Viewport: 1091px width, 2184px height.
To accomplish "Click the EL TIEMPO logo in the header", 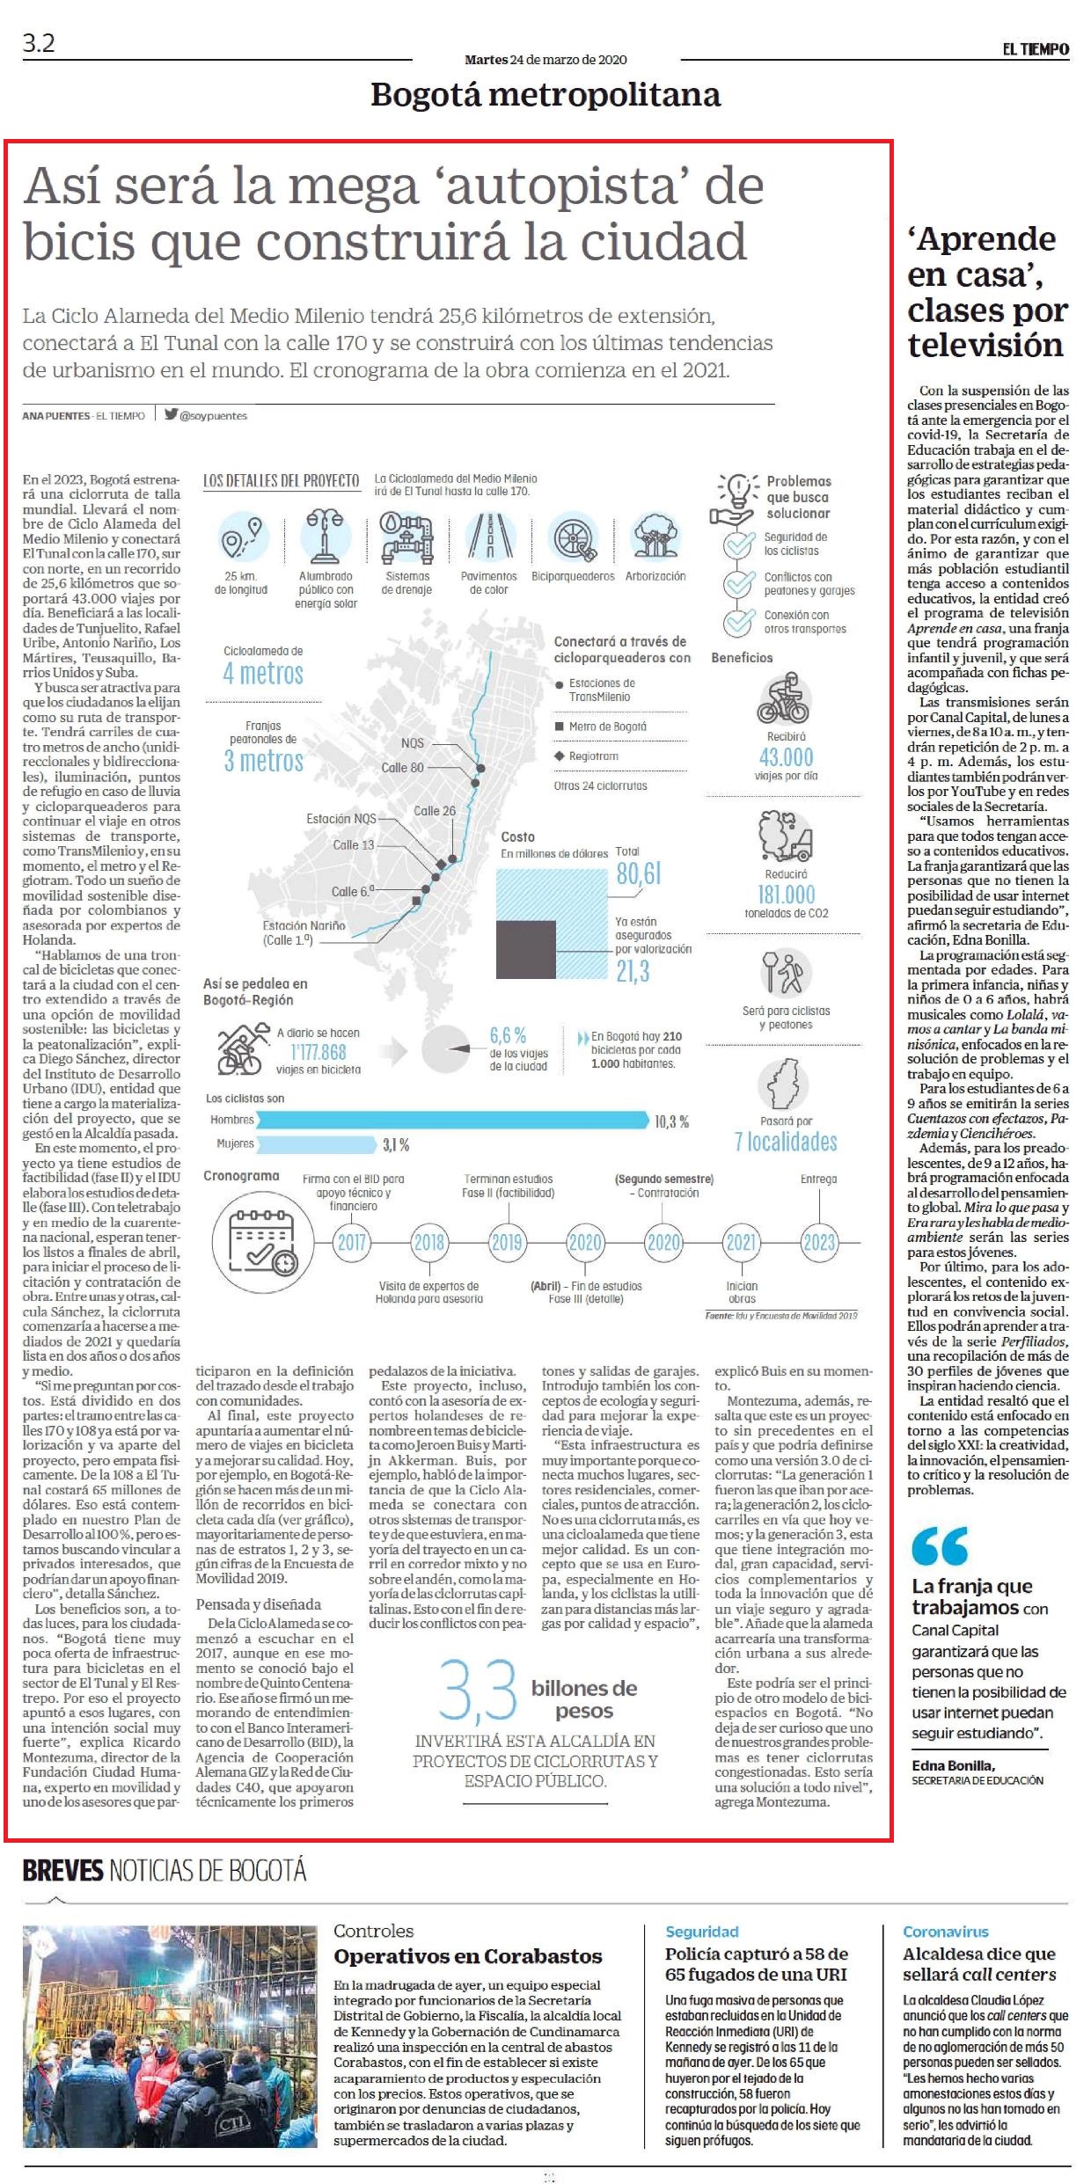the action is coord(1036,49).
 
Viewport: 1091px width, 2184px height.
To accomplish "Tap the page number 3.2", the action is coord(39,43).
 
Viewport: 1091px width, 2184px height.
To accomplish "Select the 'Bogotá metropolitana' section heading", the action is coord(545,95).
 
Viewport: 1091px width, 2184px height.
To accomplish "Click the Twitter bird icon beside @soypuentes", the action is coord(171,414).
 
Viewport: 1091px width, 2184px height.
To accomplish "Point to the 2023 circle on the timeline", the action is coord(818,1242).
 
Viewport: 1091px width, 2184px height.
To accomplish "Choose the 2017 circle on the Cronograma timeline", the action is coord(352,1242).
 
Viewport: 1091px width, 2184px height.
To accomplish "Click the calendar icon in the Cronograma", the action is coord(260,1240).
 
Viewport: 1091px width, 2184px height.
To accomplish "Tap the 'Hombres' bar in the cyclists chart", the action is coord(452,1120).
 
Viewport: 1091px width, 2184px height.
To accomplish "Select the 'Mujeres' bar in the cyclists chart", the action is coord(316,1144).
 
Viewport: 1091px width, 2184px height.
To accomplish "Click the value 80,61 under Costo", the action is coord(639,873).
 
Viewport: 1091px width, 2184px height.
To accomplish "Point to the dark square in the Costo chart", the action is coord(526,950).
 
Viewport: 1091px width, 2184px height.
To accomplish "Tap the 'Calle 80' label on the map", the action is coord(402,767).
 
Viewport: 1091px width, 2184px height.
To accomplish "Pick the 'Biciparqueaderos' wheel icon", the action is coord(573,538).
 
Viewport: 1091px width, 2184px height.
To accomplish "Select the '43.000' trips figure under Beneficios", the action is coord(787,756).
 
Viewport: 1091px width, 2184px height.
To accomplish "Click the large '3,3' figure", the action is coord(478,1690).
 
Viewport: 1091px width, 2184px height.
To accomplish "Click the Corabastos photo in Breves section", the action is coord(171,2035).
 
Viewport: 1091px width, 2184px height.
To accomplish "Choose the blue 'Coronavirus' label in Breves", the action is coord(945,1932).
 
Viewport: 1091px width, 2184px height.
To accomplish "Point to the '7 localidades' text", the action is coord(786,1142).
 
